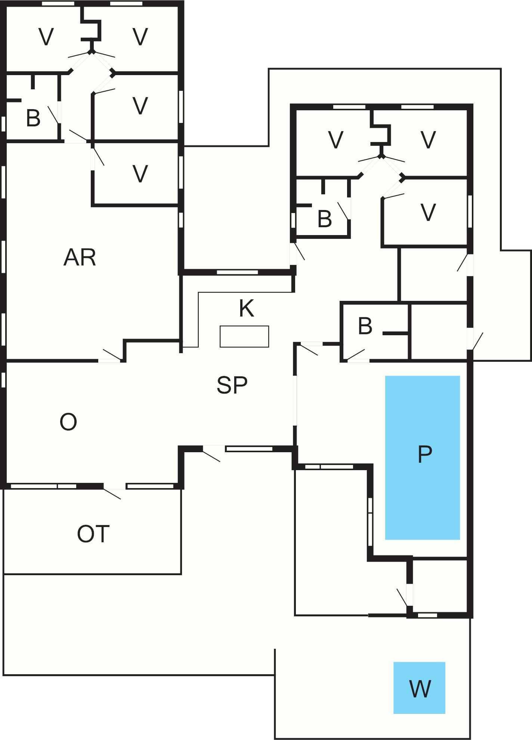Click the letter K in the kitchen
click(x=247, y=309)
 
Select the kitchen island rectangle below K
click(x=244, y=336)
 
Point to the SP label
click(x=232, y=385)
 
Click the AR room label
click(x=80, y=258)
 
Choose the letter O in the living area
click(x=68, y=422)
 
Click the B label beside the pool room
click(x=365, y=326)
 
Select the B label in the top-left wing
click(x=33, y=118)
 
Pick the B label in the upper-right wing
click(x=324, y=219)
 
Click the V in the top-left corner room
click(x=46, y=37)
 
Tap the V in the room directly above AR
click(x=140, y=174)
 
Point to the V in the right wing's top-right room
click(x=428, y=140)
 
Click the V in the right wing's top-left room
click(x=335, y=140)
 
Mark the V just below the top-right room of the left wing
click(x=140, y=106)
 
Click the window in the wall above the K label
click(x=237, y=272)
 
